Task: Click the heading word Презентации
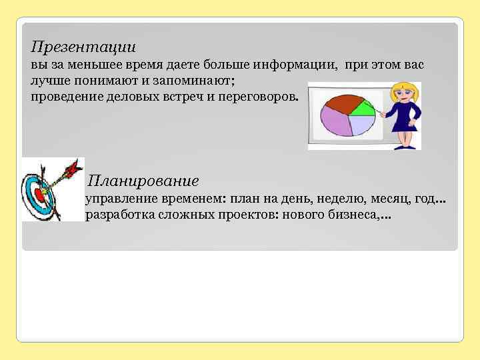click(83, 47)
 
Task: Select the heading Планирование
click(143, 181)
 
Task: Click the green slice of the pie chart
click(361, 107)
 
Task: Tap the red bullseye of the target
click(39, 196)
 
